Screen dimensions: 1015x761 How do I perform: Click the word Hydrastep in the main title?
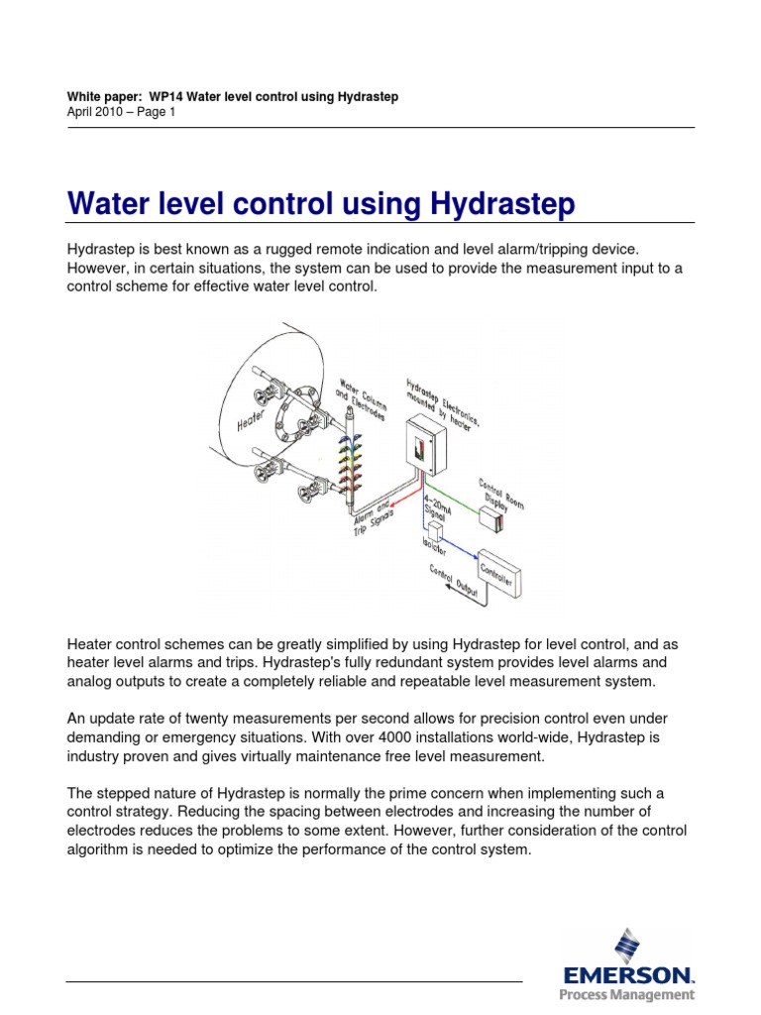pos(503,205)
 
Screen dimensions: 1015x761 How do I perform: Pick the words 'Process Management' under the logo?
pos(626,995)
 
